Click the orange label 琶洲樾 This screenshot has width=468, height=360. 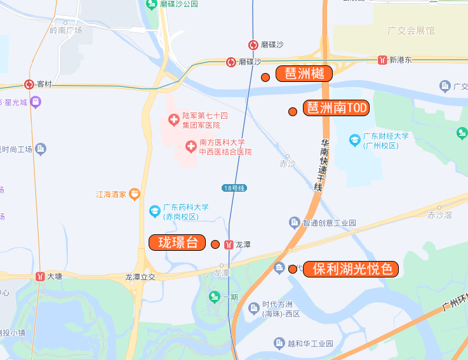pyautogui.click(x=304, y=74)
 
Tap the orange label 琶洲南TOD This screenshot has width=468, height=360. pyautogui.click(x=336, y=108)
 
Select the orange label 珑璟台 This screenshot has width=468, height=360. pyautogui.click(x=177, y=243)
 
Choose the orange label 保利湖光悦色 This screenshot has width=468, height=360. pyautogui.click(x=351, y=269)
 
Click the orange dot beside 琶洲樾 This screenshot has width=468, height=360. pyautogui.click(x=265, y=77)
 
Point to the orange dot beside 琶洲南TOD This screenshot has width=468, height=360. pyautogui.click(x=293, y=112)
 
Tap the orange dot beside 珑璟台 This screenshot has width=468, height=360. pyautogui.click(x=215, y=244)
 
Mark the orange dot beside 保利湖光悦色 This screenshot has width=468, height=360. pyautogui.click(x=293, y=269)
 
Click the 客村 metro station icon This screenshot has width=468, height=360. pyautogui.click(x=29, y=84)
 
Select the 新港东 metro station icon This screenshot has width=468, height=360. pyautogui.click(x=382, y=60)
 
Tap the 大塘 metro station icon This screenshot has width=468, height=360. pyautogui.click(x=41, y=276)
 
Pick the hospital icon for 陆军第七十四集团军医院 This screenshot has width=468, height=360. pyautogui.click(x=173, y=119)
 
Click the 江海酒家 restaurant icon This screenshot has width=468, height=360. pyautogui.click(x=134, y=195)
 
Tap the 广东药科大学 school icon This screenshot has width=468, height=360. pyautogui.click(x=154, y=211)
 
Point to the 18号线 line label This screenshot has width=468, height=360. pyautogui.click(x=234, y=188)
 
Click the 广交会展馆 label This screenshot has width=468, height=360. pyautogui.click(x=411, y=30)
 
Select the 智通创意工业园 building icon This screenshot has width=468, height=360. pyautogui.click(x=294, y=223)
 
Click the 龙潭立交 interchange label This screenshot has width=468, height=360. pyautogui.click(x=140, y=277)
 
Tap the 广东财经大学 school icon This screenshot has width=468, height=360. pyautogui.click(x=355, y=140)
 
